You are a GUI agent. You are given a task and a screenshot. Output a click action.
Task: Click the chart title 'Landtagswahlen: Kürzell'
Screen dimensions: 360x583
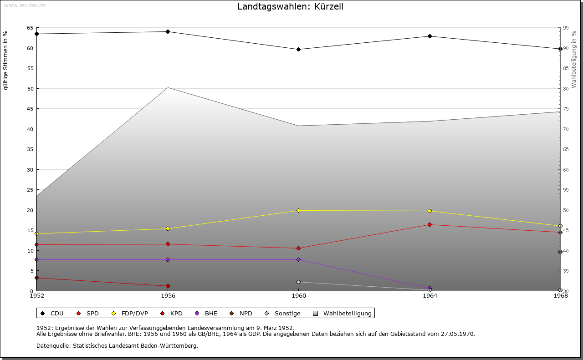pos(291,7)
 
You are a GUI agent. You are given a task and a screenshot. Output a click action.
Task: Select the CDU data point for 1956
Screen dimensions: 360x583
pos(168,31)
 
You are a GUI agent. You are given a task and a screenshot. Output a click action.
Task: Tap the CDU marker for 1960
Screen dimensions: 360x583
pos(298,49)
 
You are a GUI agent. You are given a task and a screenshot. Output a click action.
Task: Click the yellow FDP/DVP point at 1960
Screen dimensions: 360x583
pos(298,210)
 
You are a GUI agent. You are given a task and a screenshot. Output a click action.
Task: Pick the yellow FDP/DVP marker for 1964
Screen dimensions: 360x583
pos(430,211)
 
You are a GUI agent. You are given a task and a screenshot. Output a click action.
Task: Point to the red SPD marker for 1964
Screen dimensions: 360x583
pos(430,224)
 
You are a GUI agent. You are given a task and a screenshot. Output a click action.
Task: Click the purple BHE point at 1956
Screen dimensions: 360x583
pos(168,259)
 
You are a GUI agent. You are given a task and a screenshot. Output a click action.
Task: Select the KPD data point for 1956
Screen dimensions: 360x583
pos(168,286)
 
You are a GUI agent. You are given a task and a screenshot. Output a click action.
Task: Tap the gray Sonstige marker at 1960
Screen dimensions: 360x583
pos(298,282)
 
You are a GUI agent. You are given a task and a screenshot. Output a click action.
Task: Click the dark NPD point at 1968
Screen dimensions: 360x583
pos(560,252)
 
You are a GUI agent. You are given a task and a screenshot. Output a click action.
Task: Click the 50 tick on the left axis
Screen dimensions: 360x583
pos(30,88)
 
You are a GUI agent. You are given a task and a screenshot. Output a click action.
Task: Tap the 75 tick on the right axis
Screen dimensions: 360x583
pos(566,109)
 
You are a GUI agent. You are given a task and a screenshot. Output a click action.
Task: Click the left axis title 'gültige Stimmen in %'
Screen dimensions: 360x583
pos(6,60)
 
